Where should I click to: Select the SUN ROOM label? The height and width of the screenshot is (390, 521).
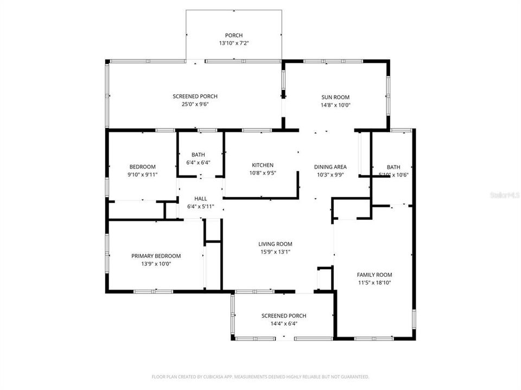tap(336, 97)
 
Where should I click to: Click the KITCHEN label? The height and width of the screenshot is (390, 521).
tap(262, 165)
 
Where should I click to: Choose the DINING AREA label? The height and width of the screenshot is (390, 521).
tap(331, 167)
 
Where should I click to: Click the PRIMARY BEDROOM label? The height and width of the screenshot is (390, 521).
tap(156, 256)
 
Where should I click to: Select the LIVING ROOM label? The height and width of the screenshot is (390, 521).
tap(275, 244)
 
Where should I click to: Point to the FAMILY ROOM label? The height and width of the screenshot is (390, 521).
tap(374, 275)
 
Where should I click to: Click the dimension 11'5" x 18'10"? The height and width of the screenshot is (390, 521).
tap(374, 282)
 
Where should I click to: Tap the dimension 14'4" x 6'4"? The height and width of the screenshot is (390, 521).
tap(284, 323)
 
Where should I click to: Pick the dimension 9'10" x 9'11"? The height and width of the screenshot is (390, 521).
tap(142, 174)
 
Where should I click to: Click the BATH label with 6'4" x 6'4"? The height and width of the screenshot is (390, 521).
tap(198, 154)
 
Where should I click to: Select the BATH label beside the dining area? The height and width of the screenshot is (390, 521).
tap(393, 167)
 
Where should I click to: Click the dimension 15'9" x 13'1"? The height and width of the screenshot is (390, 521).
tap(275, 251)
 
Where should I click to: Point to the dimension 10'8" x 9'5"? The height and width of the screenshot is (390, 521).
tap(262, 173)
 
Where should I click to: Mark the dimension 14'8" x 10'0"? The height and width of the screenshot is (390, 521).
tap(336, 105)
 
